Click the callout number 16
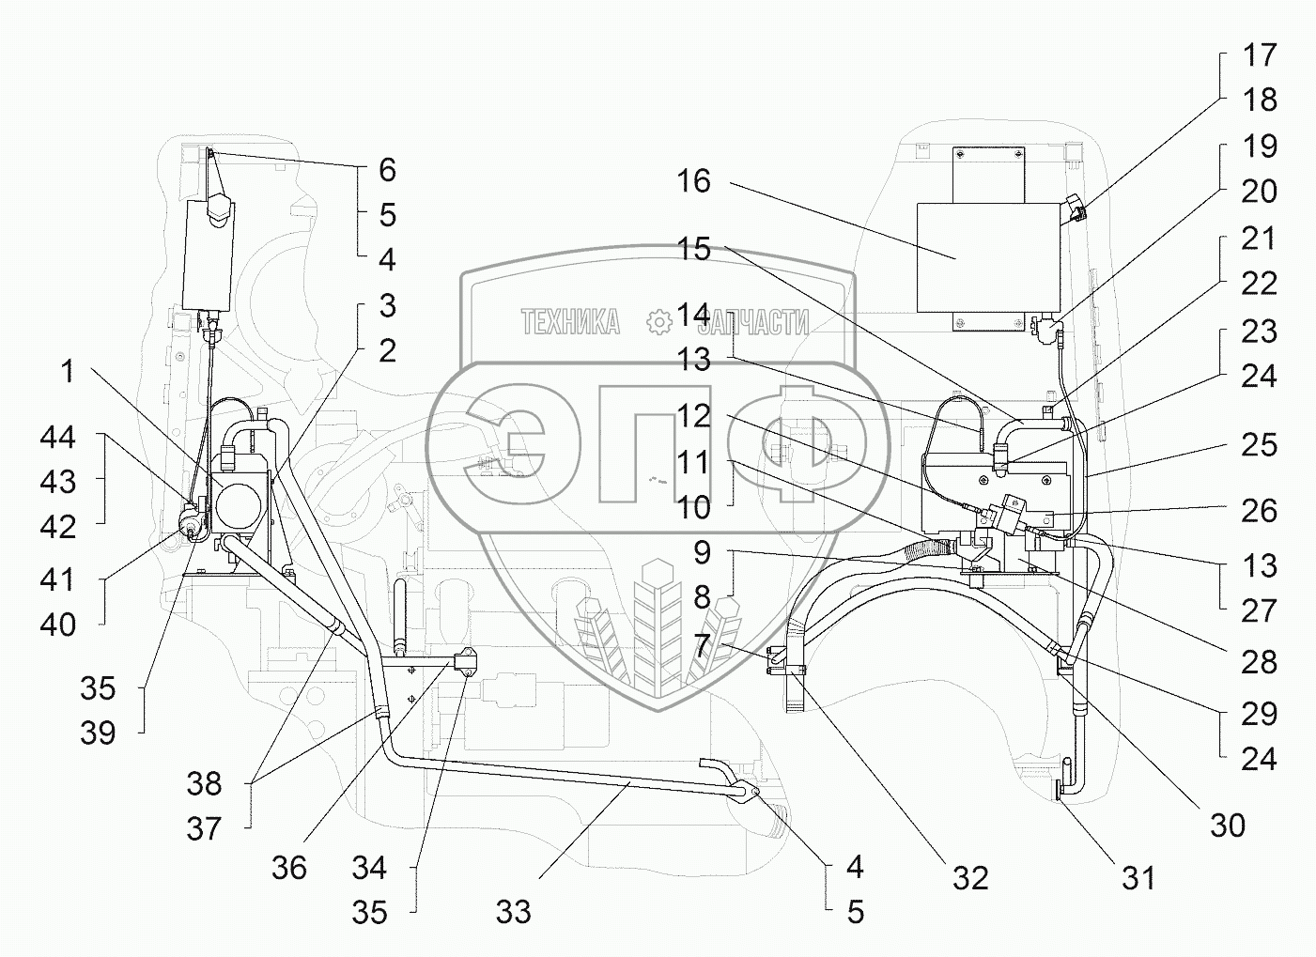694,181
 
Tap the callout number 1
69,371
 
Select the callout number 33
514,912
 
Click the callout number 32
970,879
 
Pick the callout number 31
1139,879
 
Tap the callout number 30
1228,826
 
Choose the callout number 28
1259,662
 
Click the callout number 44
57,438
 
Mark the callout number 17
1260,55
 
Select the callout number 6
387,170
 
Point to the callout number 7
703,645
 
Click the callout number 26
1259,511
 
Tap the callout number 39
98,733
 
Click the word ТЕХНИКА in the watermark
570,322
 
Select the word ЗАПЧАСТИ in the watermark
757,322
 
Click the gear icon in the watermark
659,322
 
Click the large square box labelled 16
989,258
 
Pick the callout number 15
694,249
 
